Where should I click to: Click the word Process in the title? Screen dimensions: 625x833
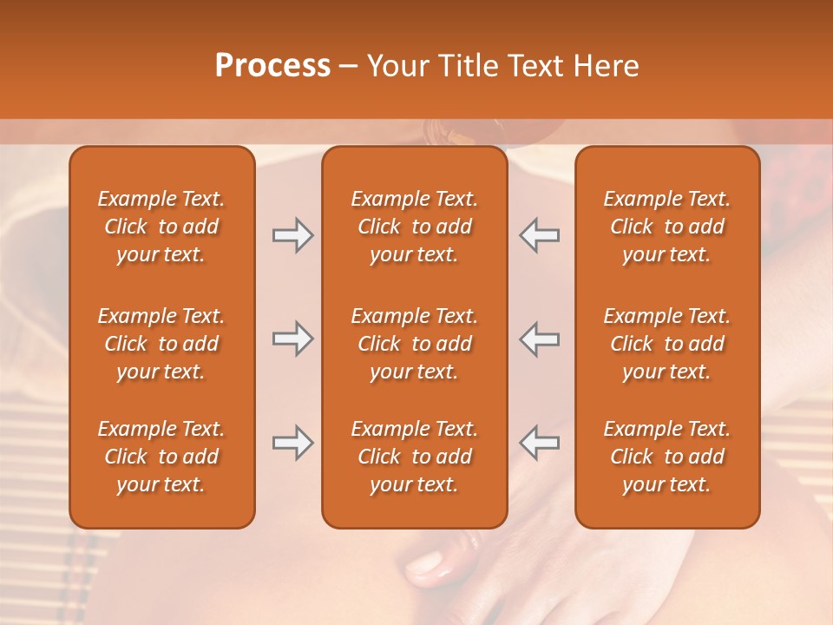[272, 66]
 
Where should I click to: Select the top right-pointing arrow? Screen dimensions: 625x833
[292, 235]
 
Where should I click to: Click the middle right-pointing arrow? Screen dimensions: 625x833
[292, 339]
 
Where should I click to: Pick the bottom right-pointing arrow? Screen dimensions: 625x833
[292, 443]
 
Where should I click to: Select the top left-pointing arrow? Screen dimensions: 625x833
[539, 235]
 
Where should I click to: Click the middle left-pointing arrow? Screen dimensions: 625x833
[539, 339]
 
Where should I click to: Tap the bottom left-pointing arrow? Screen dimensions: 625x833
[539, 443]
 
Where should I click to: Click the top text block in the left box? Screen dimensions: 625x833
[161, 227]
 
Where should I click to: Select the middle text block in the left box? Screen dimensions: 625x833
[161, 344]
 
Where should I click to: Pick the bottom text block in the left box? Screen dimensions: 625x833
[161, 457]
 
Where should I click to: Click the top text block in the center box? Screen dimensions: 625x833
[414, 227]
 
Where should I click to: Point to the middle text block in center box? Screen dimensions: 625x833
[414, 344]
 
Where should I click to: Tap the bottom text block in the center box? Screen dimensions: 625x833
[414, 457]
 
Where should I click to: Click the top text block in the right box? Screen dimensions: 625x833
[666, 227]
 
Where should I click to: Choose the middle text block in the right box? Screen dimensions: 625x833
[666, 344]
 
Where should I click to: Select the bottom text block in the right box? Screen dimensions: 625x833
[666, 457]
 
